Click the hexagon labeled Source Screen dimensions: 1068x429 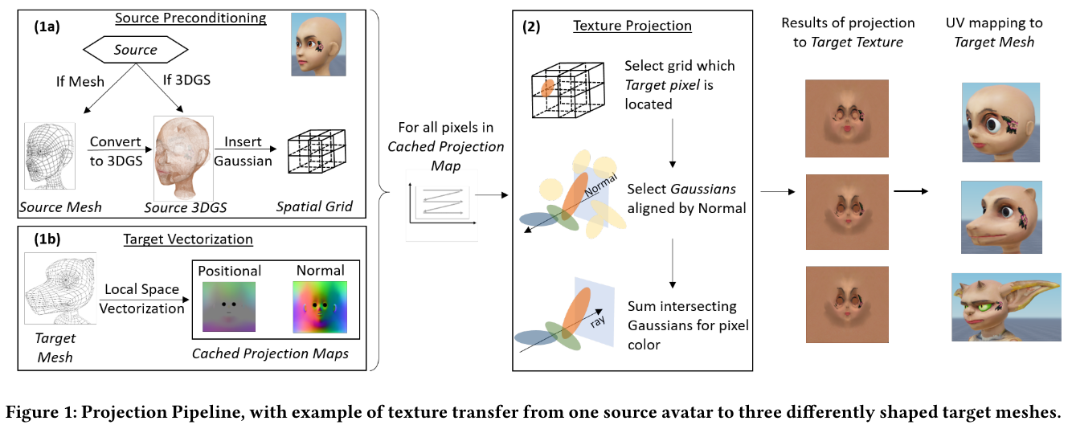(x=135, y=50)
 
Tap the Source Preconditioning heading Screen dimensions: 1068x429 (x=190, y=18)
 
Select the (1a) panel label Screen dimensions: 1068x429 (x=47, y=27)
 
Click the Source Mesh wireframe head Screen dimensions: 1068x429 (x=50, y=156)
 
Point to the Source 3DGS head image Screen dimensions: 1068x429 (x=183, y=158)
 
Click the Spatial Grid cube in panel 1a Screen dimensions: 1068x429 (x=317, y=150)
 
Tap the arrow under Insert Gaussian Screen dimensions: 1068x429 (x=246, y=149)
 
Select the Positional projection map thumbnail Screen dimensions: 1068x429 (x=229, y=307)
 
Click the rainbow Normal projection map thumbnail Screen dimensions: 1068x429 (x=320, y=307)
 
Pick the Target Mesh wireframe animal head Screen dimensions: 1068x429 (x=60, y=288)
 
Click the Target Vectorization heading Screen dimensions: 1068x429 (x=188, y=239)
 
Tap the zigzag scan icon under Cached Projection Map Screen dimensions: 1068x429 (x=442, y=205)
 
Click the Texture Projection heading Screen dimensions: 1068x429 (x=632, y=26)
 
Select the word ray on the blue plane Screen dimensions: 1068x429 (x=597, y=321)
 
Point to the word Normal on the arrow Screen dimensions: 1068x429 (x=601, y=185)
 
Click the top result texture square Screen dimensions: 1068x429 (x=847, y=118)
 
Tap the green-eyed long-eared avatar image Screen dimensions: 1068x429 (x=1006, y=307)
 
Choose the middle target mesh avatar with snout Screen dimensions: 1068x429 (x=1001, y=217)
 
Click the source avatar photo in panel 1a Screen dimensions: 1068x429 (x=318, y=44)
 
